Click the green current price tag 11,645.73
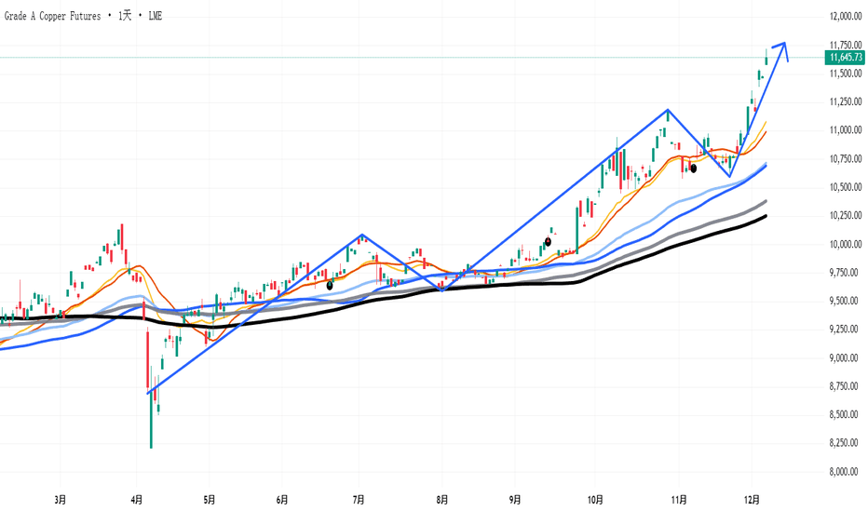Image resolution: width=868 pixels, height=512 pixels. pyautogui.click(x=845, y=57)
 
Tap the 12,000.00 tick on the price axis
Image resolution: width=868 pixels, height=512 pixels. pyautogui.click(x=846, y=17)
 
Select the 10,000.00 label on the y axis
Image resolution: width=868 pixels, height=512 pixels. pyautogui.click(x=846, y=244)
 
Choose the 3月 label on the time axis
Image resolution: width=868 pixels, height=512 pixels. pyautogui.click(x=61, y=500)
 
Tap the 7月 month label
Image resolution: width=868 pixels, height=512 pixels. pyautogui.click(x=359, y=500)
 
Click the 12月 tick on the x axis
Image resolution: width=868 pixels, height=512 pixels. pyautogui.click(x=752, y=500)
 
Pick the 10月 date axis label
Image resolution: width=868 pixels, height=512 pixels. pyautogui.click(x=595, y=500)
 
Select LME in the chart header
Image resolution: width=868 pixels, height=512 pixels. pyautogui.click(x=155, y=16)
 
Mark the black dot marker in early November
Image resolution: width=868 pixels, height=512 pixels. pyautogui.click(x=693, y=168)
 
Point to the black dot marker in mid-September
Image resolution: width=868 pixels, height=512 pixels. pyautogui.click(x=548, y=242)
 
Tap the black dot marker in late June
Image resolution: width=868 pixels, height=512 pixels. pyautogui.click(x=330, y=286)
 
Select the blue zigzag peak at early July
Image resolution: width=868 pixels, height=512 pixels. pyautogui.click(x=361, y=235)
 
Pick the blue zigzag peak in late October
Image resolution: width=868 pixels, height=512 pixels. pyautogui.click(x=668, y=110)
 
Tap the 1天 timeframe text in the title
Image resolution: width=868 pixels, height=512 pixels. pyautogui.click(x=125, y=16)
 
